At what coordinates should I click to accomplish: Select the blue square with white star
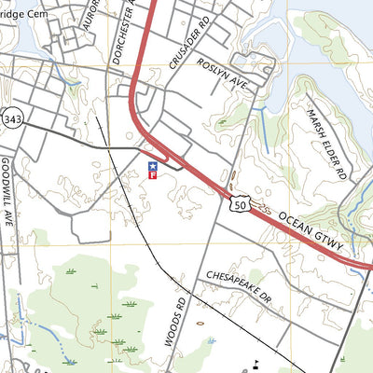(x=153, y=164)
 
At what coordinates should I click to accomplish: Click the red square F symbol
(x=153, y=174)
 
